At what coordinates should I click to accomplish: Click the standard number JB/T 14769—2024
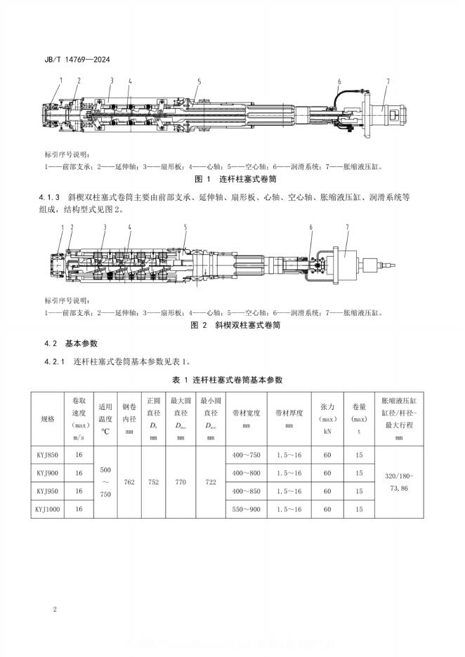[x=74, y=59]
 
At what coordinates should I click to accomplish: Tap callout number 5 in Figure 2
[x=185, y=227]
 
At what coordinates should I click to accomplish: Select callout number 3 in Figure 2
[x=105, y=227]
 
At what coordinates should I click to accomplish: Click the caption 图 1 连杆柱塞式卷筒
[x=232, y=180]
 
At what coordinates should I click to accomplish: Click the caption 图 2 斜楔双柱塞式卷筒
[x=232, y=326]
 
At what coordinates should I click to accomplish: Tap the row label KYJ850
[x=48, y=455]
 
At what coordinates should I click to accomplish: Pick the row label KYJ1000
[x=48, y=508]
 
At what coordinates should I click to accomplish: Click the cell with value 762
[x=129, y=482]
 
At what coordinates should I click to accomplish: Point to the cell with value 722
[x=209, y=482]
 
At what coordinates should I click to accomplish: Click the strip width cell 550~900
[x=247, y=508]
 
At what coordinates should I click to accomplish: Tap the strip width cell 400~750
[x=247, y=455]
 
